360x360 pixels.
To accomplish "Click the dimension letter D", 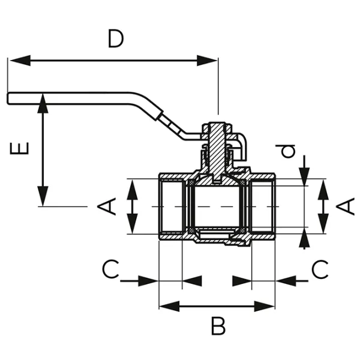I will click(115, 39).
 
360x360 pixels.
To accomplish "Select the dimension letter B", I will click(218, 328).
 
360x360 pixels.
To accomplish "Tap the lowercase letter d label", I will click(290, 150).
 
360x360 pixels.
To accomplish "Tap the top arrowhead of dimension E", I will click(42, 102).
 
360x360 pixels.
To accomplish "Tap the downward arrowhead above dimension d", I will click(305, 176).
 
